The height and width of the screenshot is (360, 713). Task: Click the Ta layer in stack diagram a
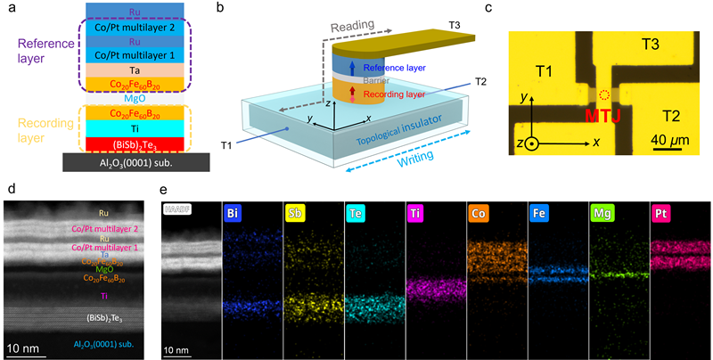pos(134,69)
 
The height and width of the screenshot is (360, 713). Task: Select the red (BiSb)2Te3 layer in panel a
pos(134,143)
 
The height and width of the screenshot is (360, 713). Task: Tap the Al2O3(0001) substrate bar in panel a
pos(134,161)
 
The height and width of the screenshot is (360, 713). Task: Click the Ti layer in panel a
pos(134,128)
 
